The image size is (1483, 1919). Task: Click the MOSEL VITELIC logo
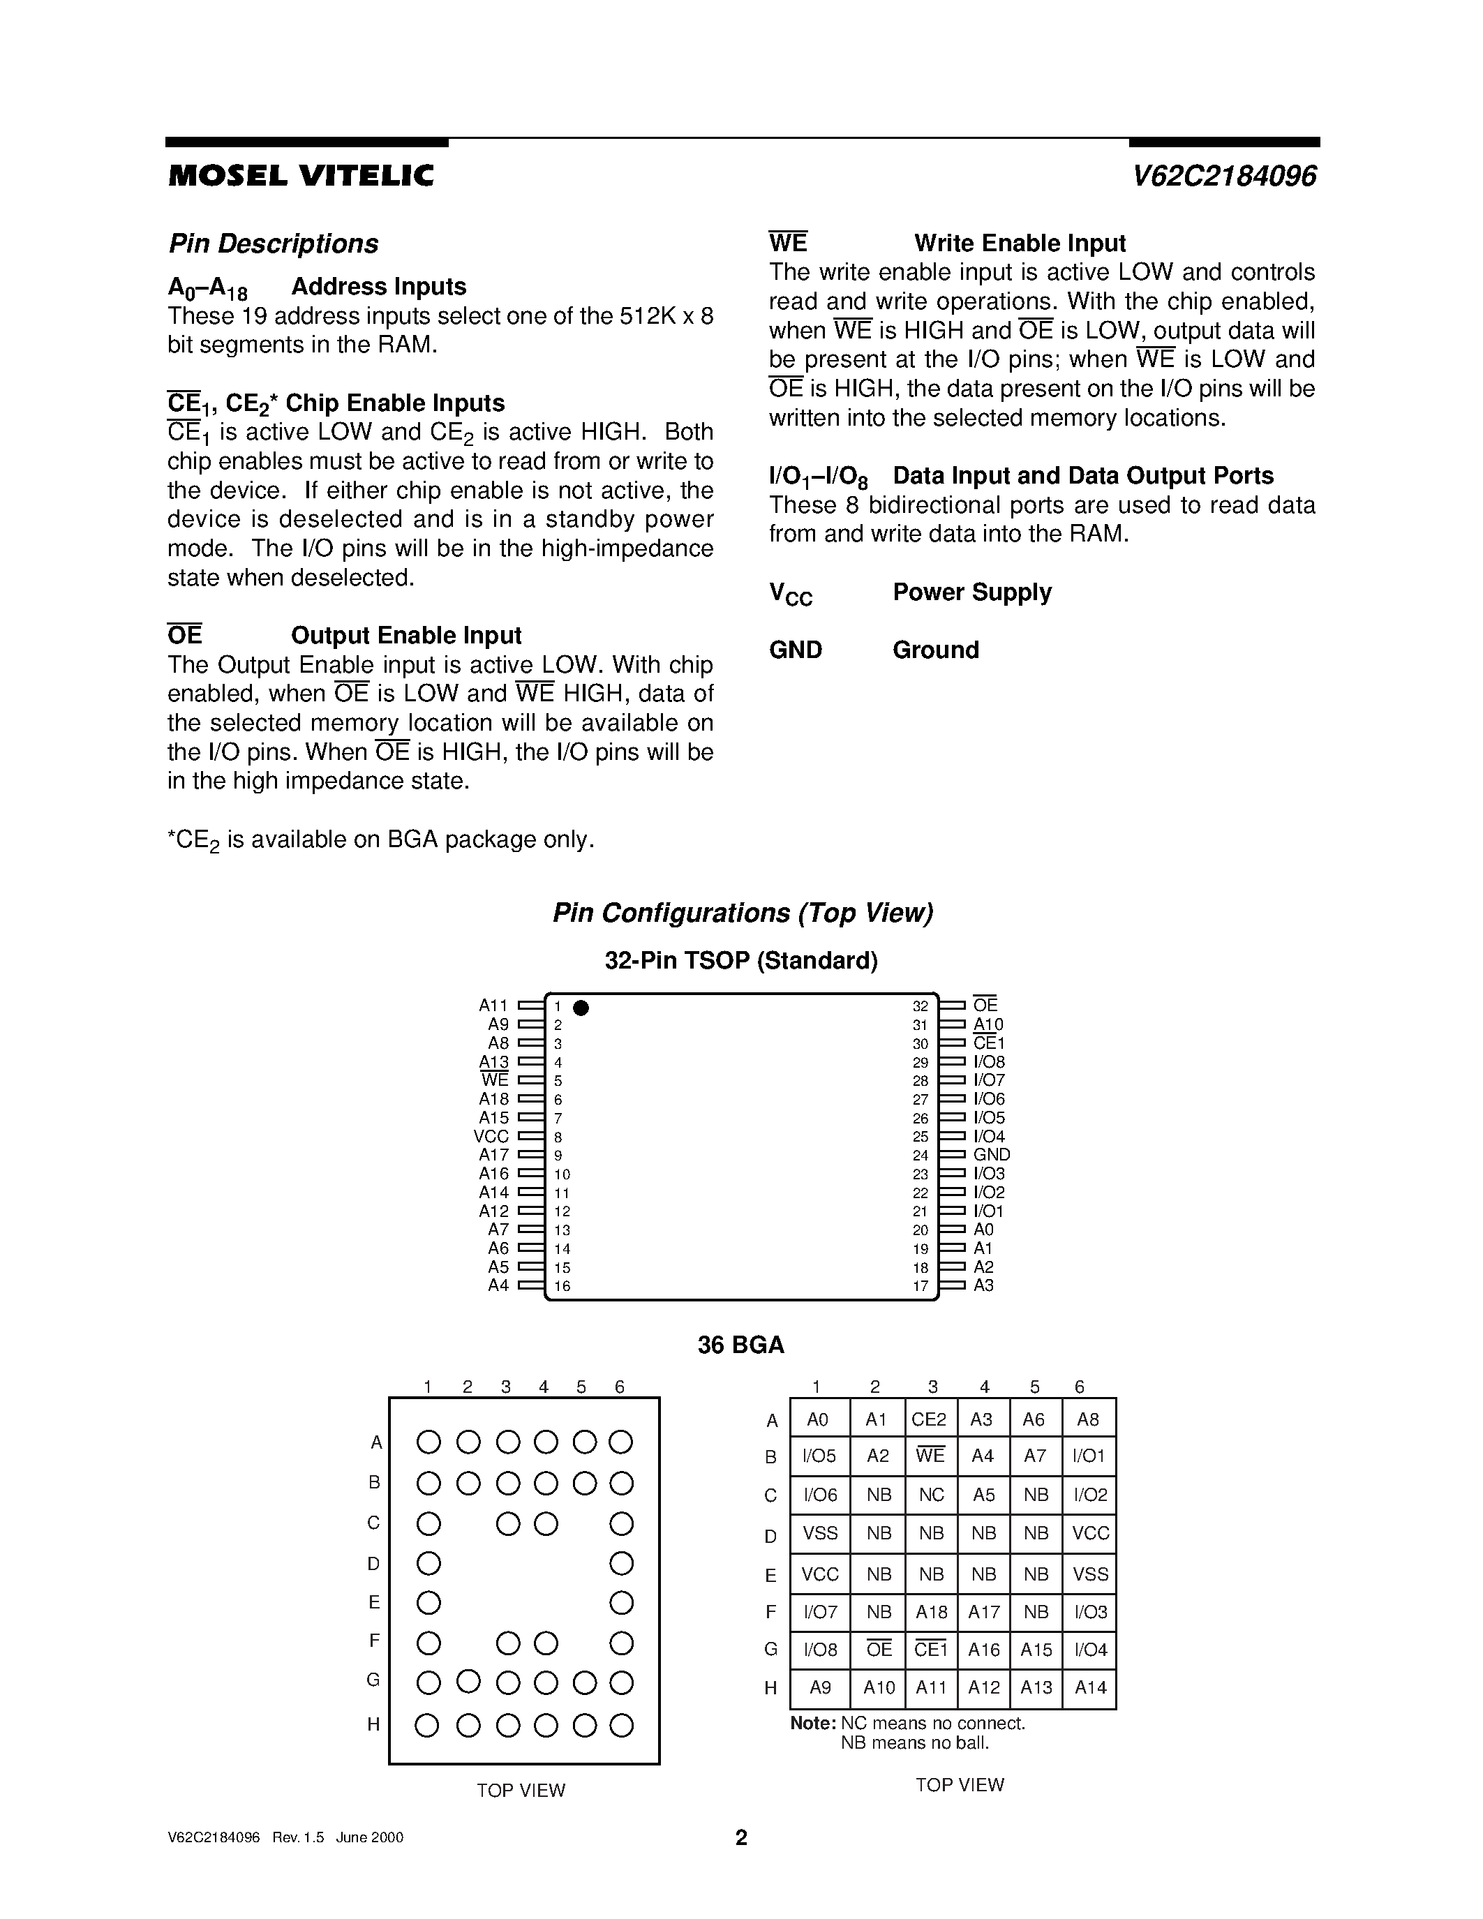click(x=301, y=177)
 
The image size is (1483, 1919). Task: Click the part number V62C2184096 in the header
click(x=1224, y=177)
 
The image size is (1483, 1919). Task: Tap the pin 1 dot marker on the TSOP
click(x=581, y=1008)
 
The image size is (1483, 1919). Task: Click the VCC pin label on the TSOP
click(x=491, y=1136)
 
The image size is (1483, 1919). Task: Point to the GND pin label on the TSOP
click(x=992, y=1155)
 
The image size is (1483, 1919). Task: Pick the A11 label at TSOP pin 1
click(x=493, y=1005)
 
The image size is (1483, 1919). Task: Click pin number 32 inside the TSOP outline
click(x=920, y=1006)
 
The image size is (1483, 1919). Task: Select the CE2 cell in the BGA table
click(x=929, y=1420)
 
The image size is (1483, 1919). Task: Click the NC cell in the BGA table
click(x=931, y=1495)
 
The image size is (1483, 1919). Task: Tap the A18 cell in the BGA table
click(x=931, y=1613)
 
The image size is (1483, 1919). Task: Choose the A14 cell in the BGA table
click(x=1090, y=1687)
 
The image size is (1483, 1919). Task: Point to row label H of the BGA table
click(x=770, y=1688)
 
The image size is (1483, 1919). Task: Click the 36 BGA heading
click(x=740, y=1345)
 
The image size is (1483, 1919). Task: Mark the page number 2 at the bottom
click(x=740, y=1837)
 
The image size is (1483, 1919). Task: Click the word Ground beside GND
click(x=936, y=650)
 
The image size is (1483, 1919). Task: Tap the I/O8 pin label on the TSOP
click(x=990, y=1061)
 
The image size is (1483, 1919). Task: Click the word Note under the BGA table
click(x=812, y=1723)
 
